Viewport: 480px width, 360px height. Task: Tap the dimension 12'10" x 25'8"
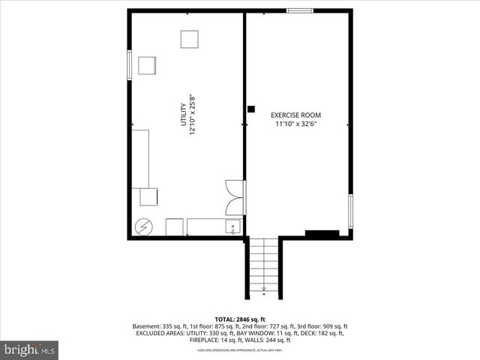(193, 114)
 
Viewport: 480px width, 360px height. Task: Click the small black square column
(250, 109)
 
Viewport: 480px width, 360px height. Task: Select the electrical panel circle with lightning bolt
(142, 226)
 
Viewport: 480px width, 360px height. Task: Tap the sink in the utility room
(232, 226)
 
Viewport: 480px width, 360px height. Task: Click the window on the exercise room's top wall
(300, 10)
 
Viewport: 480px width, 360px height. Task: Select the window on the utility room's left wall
(130, 63)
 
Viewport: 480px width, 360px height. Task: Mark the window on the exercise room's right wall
(350, 211)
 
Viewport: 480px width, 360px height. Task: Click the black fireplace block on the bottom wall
(321, 234)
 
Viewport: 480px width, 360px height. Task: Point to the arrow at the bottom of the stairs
(263, 287)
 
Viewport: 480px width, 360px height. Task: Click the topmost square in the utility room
(189, 39)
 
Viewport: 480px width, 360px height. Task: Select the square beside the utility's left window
(146, 65)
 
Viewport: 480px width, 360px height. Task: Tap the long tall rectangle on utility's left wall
(140, 158)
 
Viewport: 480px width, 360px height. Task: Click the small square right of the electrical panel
(174, 226)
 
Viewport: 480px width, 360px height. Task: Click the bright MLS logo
(29, 349)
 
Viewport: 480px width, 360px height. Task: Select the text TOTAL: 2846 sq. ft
(240, 319)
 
